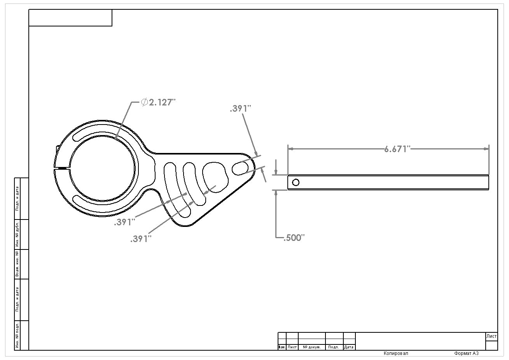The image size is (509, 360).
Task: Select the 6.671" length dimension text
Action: click(397, 149)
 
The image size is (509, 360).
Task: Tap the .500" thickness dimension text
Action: click(294, 238)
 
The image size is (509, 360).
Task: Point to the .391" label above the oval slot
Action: click(241, 109)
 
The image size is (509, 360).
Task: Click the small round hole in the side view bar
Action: click(296, 182)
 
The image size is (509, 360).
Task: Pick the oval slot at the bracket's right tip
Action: click(241, 168)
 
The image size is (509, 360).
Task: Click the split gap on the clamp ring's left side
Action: click(61, 169)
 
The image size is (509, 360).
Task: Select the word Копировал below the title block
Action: click(396, 353)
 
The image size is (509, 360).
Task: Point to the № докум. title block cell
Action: click(311, 347)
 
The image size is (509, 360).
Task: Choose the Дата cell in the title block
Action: click(349, 347)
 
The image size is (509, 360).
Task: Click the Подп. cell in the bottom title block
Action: click(334, 347)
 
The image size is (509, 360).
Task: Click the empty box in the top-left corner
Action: click(70, 18)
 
